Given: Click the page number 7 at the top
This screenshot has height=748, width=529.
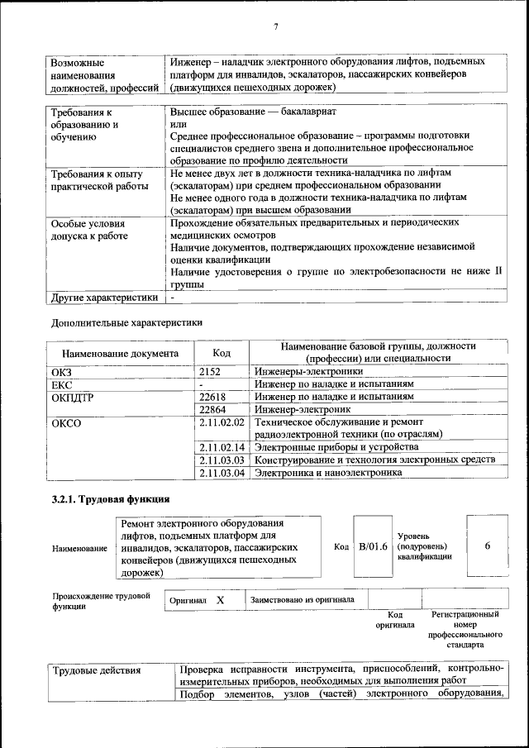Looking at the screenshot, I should [275, 27].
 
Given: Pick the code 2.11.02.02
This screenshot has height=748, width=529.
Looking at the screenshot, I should [222, 422].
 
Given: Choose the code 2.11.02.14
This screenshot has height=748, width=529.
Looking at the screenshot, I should [222, 447].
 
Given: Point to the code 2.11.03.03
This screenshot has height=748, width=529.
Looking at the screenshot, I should [222, 460].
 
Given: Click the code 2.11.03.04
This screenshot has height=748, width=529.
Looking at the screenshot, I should [222, 473].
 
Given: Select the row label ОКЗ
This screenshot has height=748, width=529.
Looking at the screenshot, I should [62, 372].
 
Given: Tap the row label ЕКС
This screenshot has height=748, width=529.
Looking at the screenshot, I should [62, 384].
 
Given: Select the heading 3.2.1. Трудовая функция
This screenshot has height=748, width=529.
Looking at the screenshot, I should [111, 499].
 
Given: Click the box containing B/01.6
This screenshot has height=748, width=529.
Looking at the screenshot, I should [372, 546].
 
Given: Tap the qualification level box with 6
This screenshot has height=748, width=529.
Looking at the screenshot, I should [488, 546].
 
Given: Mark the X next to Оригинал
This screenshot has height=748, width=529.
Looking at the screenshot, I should [221, 600].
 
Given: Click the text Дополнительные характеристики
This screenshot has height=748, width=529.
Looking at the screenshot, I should [126, 322].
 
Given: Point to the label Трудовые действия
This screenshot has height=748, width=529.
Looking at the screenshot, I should [97, 670].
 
